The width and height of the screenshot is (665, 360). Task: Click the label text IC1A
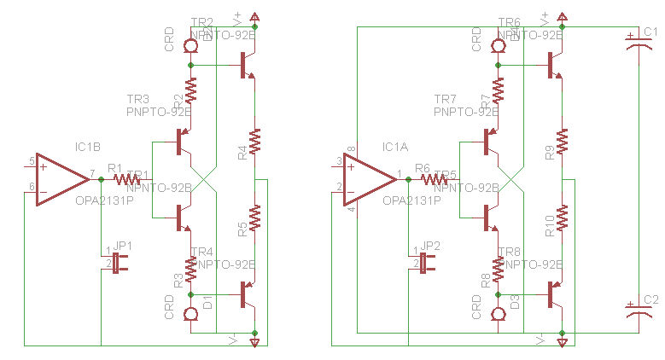tap(396, 148)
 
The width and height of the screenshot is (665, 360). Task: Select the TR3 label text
tap(137, 100)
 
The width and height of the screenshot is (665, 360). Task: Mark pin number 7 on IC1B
tap(91, 173)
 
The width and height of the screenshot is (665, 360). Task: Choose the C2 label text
tap(650, 299)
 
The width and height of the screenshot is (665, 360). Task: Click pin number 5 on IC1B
tap(32, 160)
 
